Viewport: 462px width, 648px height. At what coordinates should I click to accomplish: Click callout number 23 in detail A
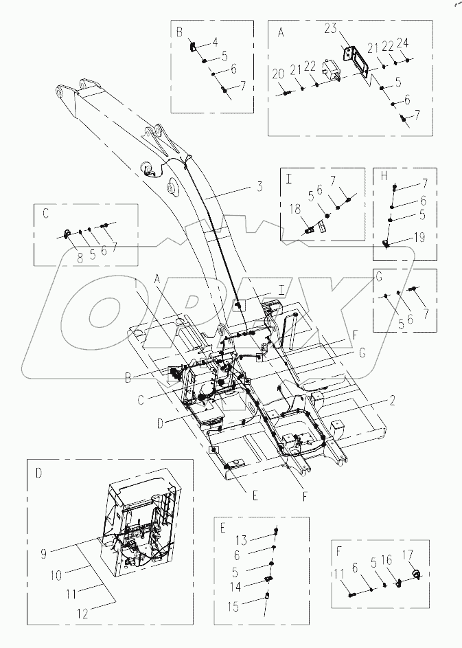pos(331,30)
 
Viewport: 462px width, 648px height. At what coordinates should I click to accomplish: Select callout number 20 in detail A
pos(278,74)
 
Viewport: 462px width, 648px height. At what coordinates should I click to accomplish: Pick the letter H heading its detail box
pos(384,177)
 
